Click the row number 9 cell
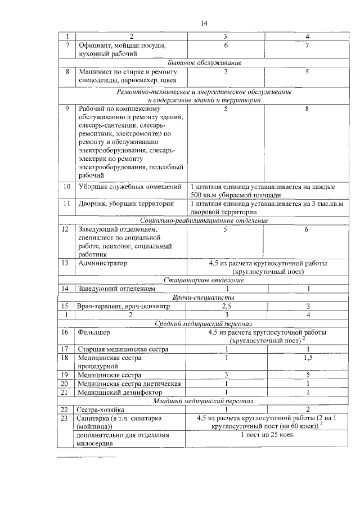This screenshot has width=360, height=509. [x=67, y=109]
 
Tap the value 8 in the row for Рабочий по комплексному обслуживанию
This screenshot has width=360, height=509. [x=307, y=109]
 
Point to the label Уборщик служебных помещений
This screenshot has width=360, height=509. [x=129, y=186]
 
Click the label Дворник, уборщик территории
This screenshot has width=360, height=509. [x=125, y=204]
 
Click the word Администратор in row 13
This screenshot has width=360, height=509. [x=103, y=263]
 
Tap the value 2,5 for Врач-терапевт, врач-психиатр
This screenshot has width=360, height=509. [x=226, y=306]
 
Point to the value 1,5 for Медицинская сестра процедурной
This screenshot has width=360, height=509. [x=307, y=358]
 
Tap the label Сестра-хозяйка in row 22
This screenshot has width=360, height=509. [x=101, y=409]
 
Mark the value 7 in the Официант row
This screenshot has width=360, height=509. [x=307, y=44]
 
